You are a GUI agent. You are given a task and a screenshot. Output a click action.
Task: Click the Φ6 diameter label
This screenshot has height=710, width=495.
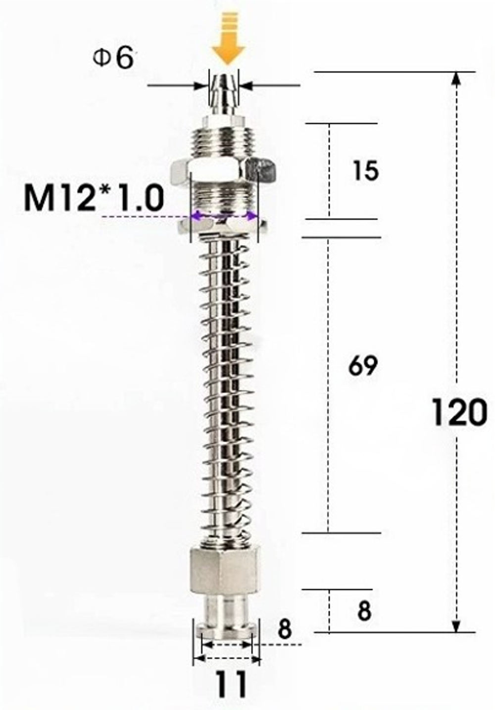113,59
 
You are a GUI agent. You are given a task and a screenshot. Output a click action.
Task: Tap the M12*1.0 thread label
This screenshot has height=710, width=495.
94,198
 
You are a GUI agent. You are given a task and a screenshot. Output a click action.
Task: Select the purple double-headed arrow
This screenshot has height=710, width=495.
225,216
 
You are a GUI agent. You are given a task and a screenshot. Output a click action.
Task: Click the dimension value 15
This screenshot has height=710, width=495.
365,171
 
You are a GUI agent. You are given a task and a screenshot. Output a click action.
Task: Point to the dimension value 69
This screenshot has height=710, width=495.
362,366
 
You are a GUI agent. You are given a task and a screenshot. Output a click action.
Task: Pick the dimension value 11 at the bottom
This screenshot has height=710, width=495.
231,684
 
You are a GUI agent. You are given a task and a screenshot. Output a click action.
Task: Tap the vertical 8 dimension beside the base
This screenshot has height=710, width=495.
364,611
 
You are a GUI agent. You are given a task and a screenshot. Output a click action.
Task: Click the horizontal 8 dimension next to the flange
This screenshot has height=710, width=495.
284,629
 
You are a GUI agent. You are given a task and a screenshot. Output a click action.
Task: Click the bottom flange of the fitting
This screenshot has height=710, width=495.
225,627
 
